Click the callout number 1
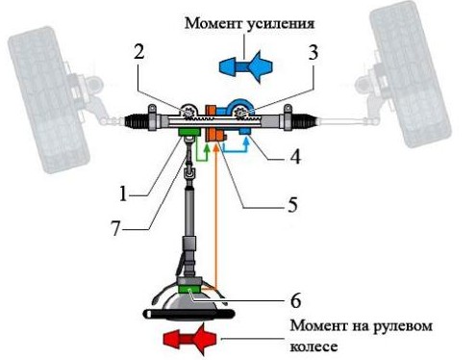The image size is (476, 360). click(123, 193)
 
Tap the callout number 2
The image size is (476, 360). click(138, 51)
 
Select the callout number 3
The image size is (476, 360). click(313, 52)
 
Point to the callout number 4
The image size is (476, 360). click(295, 157)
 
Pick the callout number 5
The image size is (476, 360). click(292, 204)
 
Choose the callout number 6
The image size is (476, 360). click(295, 300)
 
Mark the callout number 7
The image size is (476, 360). click(115, 228)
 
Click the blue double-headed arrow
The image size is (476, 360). click(246, 66)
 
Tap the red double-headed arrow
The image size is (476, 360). click(189, 339)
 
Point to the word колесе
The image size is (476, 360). click(313, 347)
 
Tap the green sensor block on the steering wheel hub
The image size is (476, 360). click(189, 289)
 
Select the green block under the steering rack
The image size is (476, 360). click(189, 132)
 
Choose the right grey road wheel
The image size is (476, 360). click(411, 74)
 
